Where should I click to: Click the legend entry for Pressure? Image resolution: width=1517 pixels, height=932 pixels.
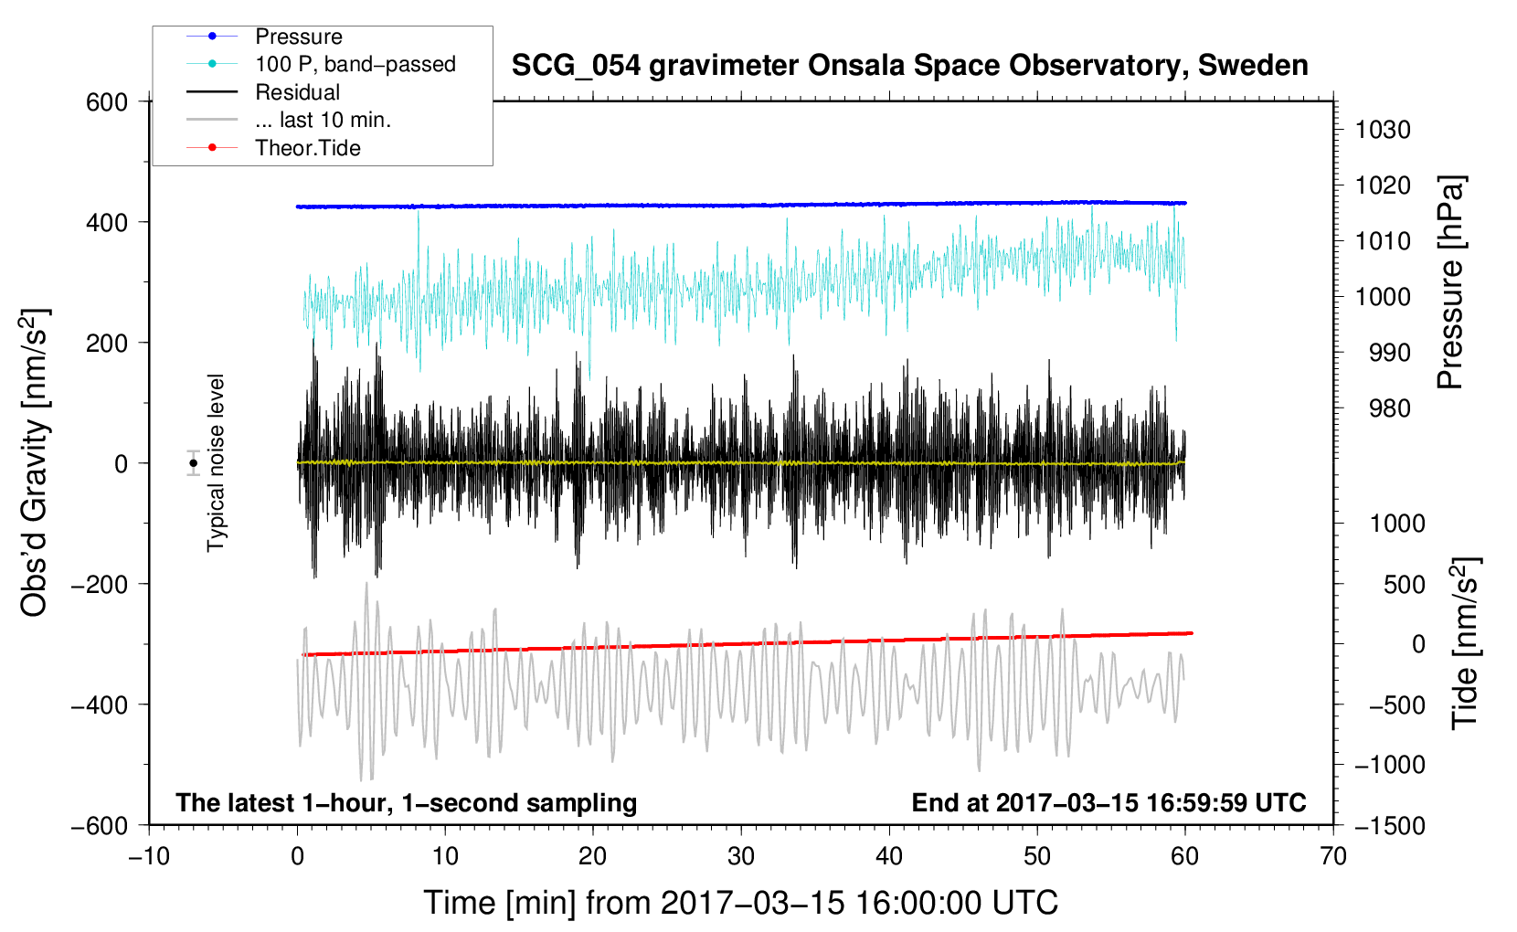coord(264,36)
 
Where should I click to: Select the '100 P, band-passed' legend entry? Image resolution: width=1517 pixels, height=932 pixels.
coord(321,64)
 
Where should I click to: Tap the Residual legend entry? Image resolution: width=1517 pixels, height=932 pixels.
coord(263,92)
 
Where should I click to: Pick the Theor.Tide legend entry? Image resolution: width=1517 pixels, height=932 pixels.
coord(273,148)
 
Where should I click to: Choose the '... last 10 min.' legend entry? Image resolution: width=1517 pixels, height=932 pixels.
coord(289,120)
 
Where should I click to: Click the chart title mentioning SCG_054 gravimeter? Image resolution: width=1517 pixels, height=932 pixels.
coord(909,66)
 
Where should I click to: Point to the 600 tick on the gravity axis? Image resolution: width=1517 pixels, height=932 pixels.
coord(106,102)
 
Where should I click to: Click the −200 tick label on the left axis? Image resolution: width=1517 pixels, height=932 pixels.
coord(100,585)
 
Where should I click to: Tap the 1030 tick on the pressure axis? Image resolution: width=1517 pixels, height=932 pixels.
coord(1383,130)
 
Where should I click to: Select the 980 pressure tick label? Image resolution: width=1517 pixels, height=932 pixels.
coord(1390,408)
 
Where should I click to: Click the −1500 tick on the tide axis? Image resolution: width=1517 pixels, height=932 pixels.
coord(1390,826)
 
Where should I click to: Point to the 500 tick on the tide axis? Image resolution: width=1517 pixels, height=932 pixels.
coord(1404,585)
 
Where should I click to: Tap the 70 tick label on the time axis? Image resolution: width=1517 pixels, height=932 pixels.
coord(1332,857)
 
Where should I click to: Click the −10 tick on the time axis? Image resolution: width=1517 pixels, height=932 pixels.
coord(149,857)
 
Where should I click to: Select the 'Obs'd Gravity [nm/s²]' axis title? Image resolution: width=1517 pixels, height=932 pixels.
coord(34,462)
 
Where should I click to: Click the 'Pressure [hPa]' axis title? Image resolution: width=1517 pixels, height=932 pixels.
coord(1450,282)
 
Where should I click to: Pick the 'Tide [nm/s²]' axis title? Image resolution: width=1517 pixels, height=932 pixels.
coord(1466,643)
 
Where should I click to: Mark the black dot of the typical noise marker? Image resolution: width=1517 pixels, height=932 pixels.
coord(194,463)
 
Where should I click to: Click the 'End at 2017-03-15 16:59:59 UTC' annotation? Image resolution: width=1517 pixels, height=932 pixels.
coord(1109,802)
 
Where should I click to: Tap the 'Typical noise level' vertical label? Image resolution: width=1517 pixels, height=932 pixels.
coord(216,462)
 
